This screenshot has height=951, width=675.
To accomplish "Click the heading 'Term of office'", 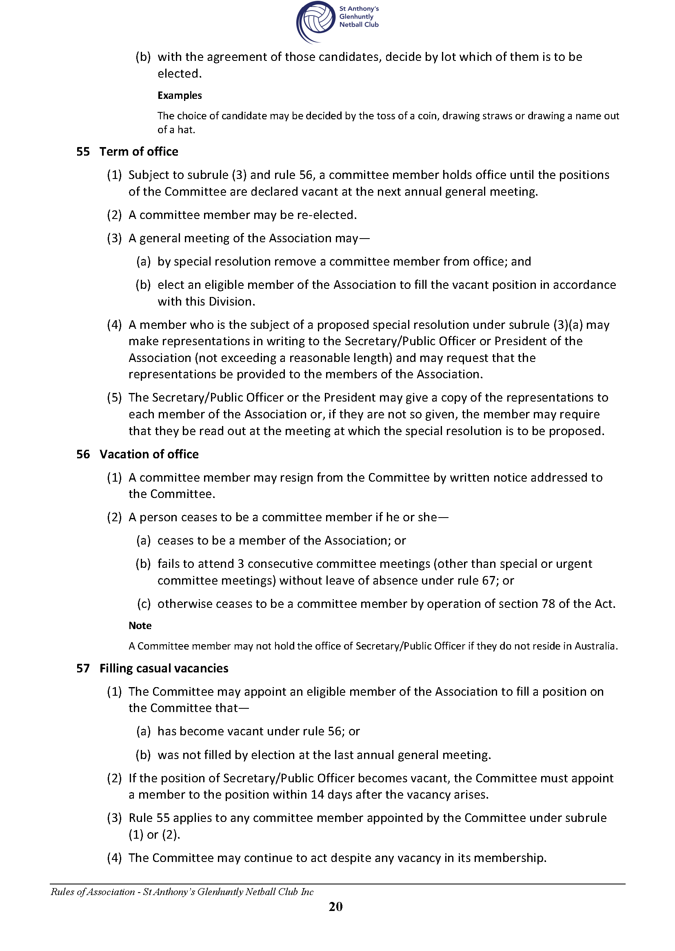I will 138,152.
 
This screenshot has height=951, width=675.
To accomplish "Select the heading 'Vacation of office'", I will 149,454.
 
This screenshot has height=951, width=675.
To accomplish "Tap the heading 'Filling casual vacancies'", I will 164,668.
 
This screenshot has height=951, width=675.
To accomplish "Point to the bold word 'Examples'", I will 180,95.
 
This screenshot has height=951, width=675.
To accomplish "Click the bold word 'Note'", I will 140,626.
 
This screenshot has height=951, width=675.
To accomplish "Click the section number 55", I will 83,152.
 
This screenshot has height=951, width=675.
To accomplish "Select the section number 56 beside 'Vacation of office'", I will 83,454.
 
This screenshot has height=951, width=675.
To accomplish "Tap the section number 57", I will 83,668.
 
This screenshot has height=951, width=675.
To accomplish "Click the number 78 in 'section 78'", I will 548,604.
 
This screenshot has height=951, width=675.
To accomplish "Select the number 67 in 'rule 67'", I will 488,580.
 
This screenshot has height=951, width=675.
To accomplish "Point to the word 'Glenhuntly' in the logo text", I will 356,17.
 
